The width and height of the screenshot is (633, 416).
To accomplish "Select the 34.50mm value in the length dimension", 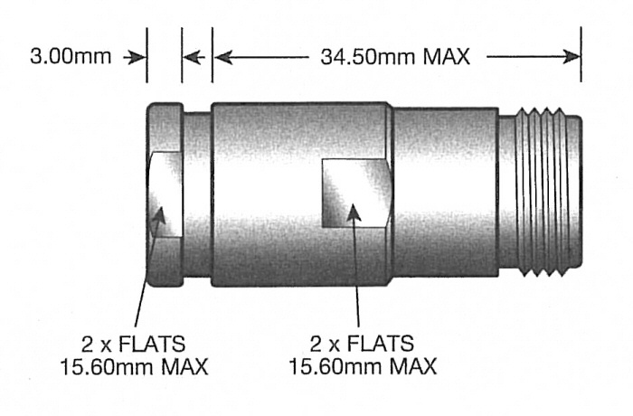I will [363, 57].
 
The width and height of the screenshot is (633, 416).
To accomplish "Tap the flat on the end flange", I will [165, 194].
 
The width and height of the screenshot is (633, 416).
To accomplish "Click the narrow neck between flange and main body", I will [197, 194].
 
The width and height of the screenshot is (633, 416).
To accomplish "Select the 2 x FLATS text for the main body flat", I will [363, 345].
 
